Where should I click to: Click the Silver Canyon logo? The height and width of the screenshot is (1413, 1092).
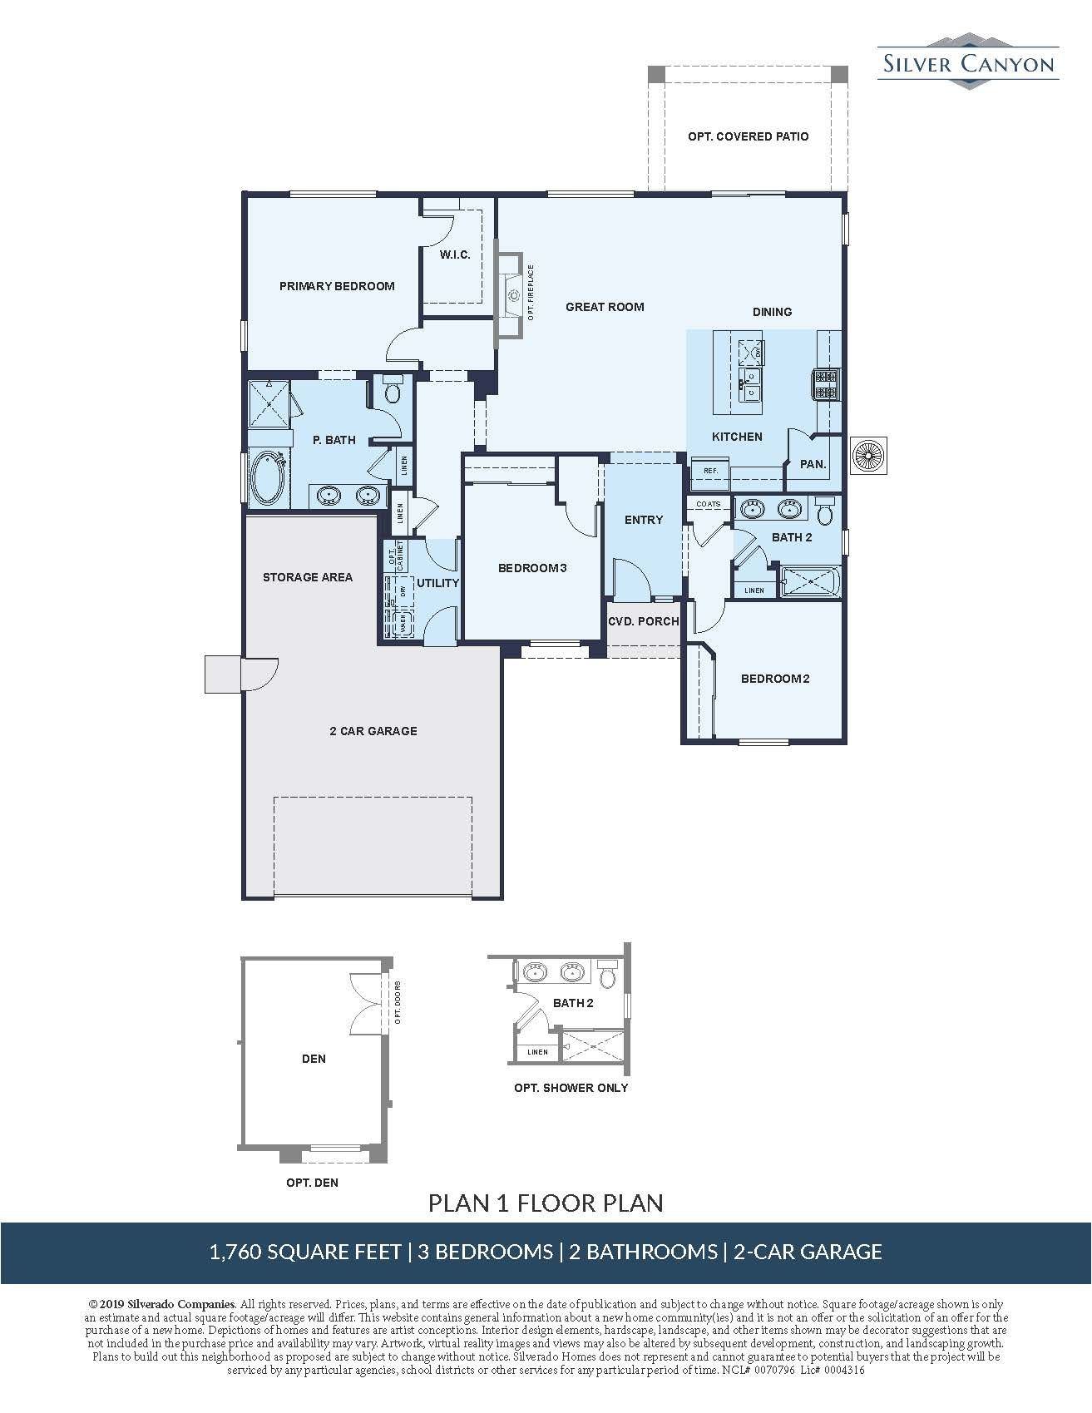[x=968, y=60]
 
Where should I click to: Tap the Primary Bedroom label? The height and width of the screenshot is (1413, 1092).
[x=337, y=286]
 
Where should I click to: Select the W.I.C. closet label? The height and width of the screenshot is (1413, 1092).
[x=455, y=254]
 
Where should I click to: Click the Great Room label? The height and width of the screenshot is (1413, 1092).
[x=605, y=307]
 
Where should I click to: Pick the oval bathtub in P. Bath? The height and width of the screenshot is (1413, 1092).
[x=269, y=477]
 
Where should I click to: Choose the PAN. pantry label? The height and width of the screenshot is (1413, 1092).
[x=813, y=464]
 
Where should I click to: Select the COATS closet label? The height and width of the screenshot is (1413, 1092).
[x=709, y=505]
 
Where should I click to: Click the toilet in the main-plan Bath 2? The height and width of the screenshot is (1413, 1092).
[x=825, y=511]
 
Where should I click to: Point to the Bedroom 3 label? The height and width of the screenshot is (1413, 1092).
[x=532, y=568]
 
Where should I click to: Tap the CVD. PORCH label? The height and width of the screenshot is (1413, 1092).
[x=644, y=621]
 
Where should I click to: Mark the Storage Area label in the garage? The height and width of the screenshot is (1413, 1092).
[x=308, y=577]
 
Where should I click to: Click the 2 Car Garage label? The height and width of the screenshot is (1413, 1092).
[x=373, y=731]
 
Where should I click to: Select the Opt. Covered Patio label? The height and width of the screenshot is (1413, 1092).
[x=748, y=136]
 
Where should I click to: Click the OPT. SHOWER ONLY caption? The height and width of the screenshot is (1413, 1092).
[x=571, y=1088]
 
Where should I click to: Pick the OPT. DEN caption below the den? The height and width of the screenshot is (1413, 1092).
[x=312, y=1183]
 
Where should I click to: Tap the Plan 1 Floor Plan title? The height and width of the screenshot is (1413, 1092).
[x=546, y=1203]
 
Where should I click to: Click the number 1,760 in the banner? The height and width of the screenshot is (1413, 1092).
[x=235, y=1252]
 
